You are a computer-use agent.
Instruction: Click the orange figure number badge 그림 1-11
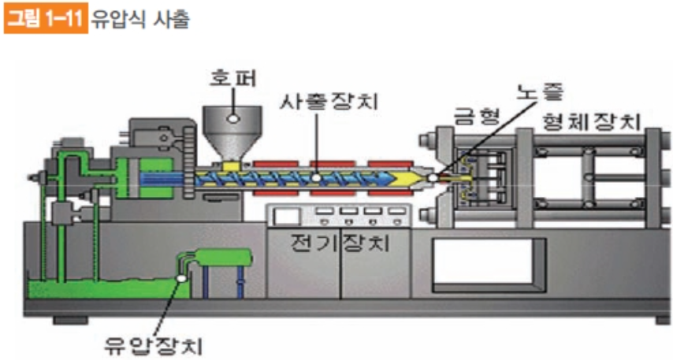point(45,19)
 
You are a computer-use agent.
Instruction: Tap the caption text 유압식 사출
point(140,19)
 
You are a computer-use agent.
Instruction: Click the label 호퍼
point(230,76)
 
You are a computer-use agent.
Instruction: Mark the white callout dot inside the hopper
point(233,118)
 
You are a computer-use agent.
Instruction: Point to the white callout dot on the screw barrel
point(315,178)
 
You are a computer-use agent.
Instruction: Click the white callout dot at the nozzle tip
point(433,178)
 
